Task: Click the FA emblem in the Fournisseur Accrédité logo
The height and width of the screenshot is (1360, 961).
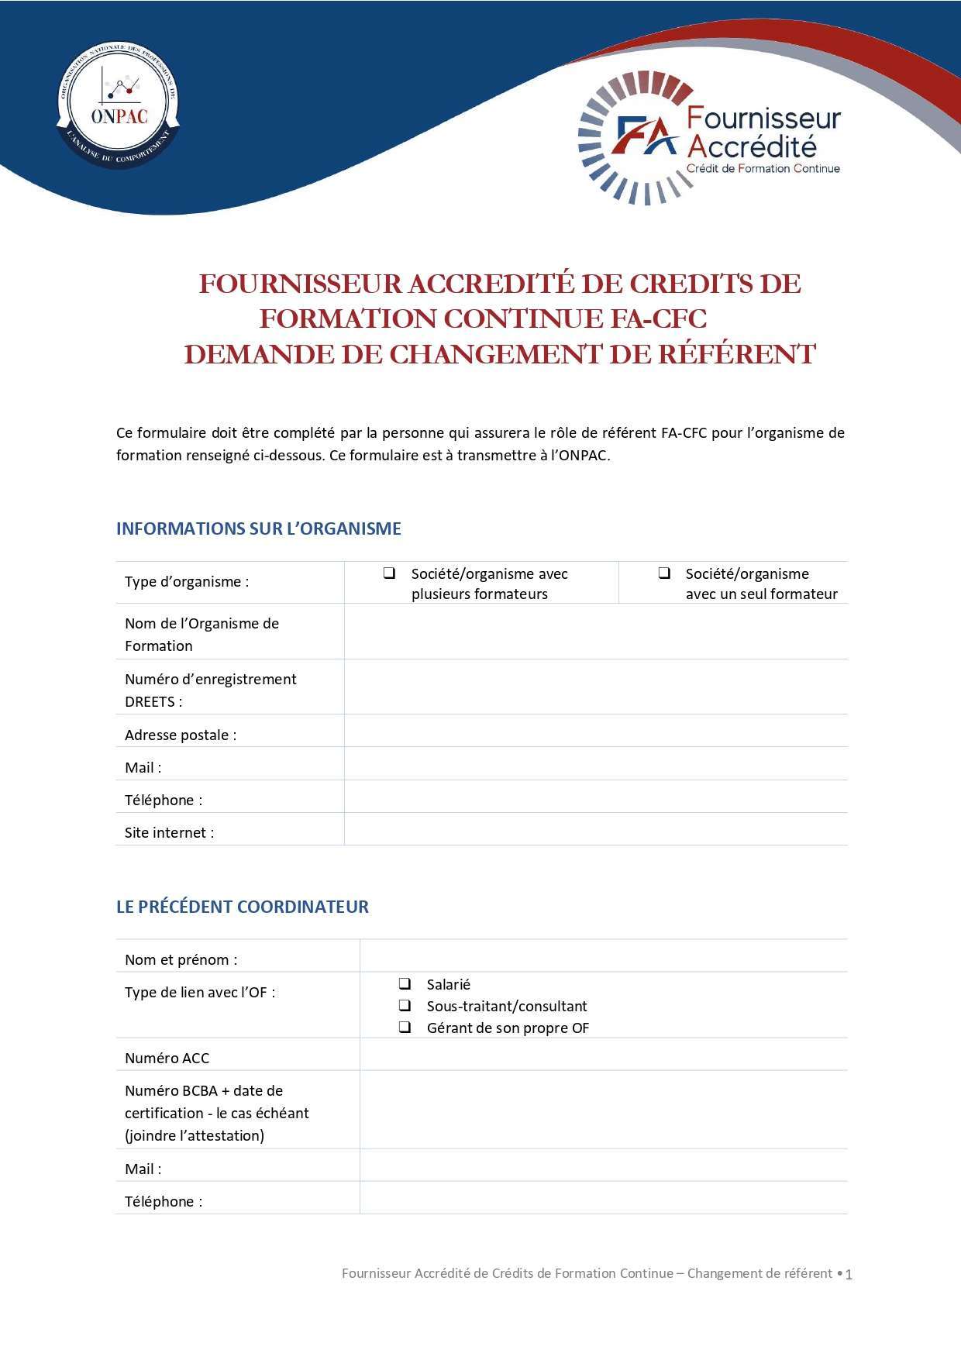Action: click(x=645, y=136)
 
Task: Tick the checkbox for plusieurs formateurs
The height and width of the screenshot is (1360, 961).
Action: click(x=389, y=573)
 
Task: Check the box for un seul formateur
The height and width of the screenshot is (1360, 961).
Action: click(x=664, y=573)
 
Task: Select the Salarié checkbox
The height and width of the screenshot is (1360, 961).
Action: click(x=405, y=984)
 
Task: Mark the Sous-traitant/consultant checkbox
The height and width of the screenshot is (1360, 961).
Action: click(x=405, y=1006)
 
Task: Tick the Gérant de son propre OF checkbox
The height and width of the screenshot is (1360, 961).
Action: click(x=405, y=1028)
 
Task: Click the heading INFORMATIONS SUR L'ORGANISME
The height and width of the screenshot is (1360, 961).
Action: click(x=258, y=529)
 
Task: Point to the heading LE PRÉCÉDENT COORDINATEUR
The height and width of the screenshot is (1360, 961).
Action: click(x=242, y=907)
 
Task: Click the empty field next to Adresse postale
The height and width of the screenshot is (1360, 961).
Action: click(x=595, y=731)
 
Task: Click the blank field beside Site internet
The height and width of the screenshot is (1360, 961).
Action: click(x=595, y=829)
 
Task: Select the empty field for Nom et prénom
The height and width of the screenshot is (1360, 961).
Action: click(x=603, y=956)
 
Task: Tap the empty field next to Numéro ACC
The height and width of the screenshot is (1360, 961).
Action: click(x=603, y=1055)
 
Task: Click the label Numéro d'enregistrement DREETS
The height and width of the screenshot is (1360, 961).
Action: click(x=210, y=690)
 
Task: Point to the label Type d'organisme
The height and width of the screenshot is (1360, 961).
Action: click(x=187, y=582)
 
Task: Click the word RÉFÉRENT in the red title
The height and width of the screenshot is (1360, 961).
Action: click(x=736, y=354)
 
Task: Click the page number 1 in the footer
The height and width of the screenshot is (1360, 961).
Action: click(x=849, y=1275)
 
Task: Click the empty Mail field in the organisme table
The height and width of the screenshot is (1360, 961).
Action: click(x=595, y=763)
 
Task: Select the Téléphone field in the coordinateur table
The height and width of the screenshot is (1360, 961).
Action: click(x=603, y=1198)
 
